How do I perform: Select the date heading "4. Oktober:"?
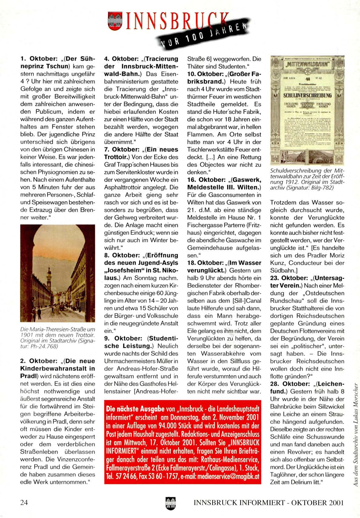pos(121,59)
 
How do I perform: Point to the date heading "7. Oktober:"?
pos(121,149)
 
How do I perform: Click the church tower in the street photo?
pos(49,277)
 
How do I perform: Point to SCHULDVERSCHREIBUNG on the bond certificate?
pos(307,95)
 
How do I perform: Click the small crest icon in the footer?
pos(171,503)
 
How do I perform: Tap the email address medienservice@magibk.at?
pos(229,476)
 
